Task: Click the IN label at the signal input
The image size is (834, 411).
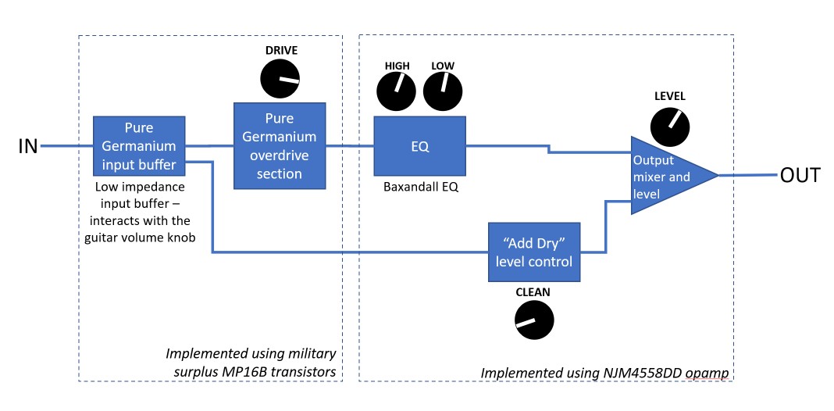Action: click(27, 146)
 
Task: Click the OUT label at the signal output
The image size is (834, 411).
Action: click(800, 175)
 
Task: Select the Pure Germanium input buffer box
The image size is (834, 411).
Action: click(139, 146)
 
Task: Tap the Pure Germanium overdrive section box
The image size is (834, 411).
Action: click(280, 146)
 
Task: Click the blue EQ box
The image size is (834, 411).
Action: click(419, 146)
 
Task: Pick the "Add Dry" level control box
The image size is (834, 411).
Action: click(534, 252)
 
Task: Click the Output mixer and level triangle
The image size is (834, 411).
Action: click(664, 176)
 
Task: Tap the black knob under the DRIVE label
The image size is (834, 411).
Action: click(280, 80)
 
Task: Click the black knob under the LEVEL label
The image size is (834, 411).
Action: click(670, 127)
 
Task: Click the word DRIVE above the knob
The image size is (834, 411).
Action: click(280, 51)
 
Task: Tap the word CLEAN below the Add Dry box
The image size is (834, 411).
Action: click(533, 292)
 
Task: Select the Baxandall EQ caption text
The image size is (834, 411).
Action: click(419, 188)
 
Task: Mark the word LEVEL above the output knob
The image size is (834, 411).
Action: click(669, 97)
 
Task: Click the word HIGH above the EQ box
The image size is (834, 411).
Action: click(397, 66)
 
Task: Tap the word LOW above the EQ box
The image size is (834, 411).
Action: click(443, 66)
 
